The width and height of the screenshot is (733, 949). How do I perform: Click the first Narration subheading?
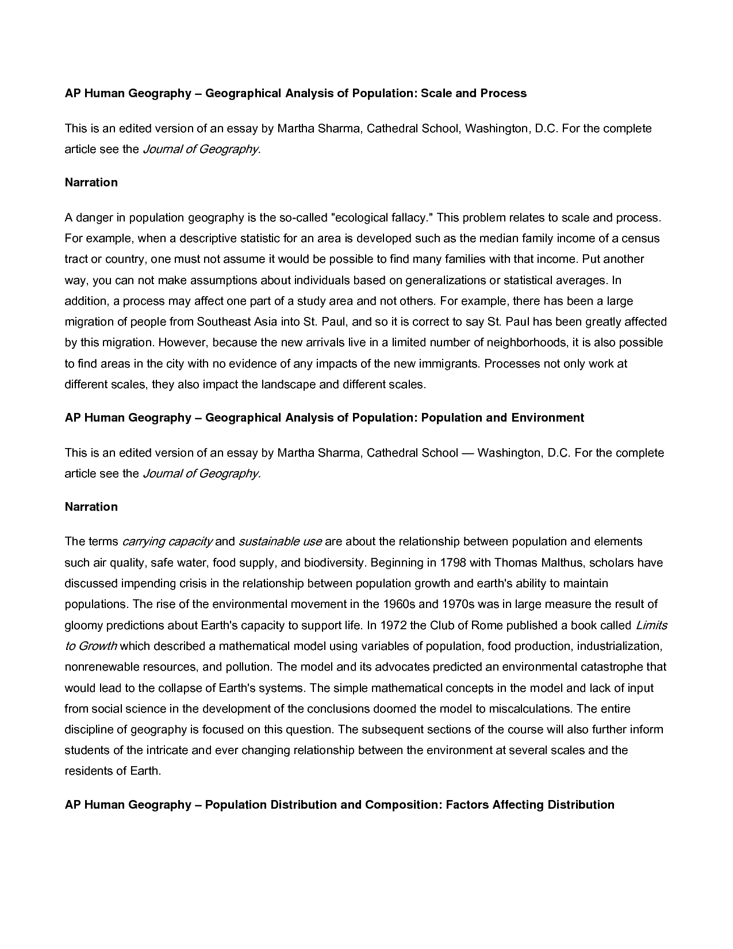point(91,182)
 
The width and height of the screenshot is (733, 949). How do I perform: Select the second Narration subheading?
point(91,507)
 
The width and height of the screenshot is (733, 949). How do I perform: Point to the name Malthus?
point(562,562)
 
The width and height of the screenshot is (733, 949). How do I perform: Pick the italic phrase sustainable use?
point(280,542)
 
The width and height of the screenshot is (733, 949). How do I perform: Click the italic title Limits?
point(651,625)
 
